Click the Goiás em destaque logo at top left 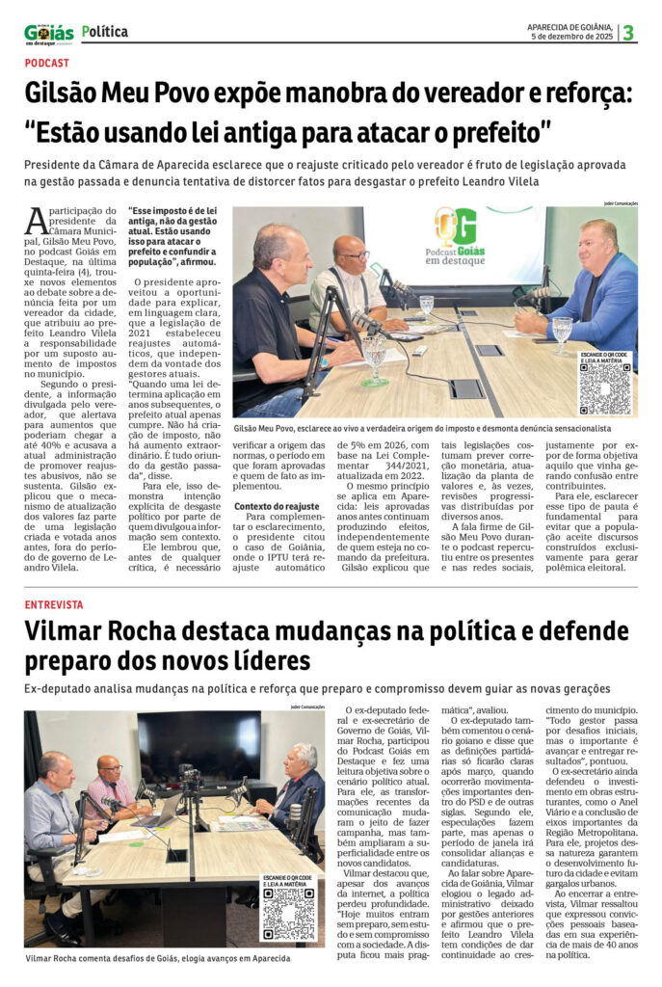48,34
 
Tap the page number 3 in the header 628,32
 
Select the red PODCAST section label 47,63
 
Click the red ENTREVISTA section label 54,604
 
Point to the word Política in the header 105,31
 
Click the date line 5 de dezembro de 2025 572,37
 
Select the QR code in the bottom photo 288,914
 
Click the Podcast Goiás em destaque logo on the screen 459,235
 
